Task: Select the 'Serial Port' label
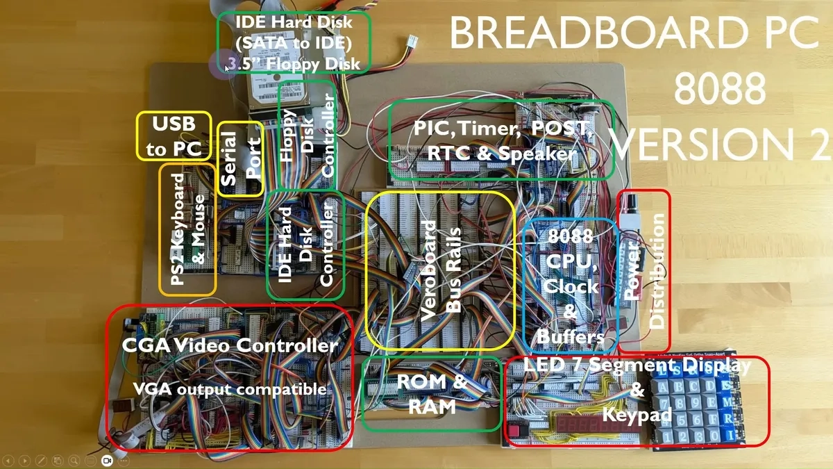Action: (240, 159)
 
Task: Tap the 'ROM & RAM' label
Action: (430, 393)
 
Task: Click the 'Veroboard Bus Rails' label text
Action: (440, 270)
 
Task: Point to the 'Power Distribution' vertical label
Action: (643, 270)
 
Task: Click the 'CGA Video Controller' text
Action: (230, 345)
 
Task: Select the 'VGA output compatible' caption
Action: (230, 389)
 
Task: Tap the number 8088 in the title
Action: (719, 88)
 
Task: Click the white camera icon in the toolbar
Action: (107, 461)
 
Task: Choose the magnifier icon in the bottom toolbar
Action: (73, 461)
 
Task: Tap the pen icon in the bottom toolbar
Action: (41, 461)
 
